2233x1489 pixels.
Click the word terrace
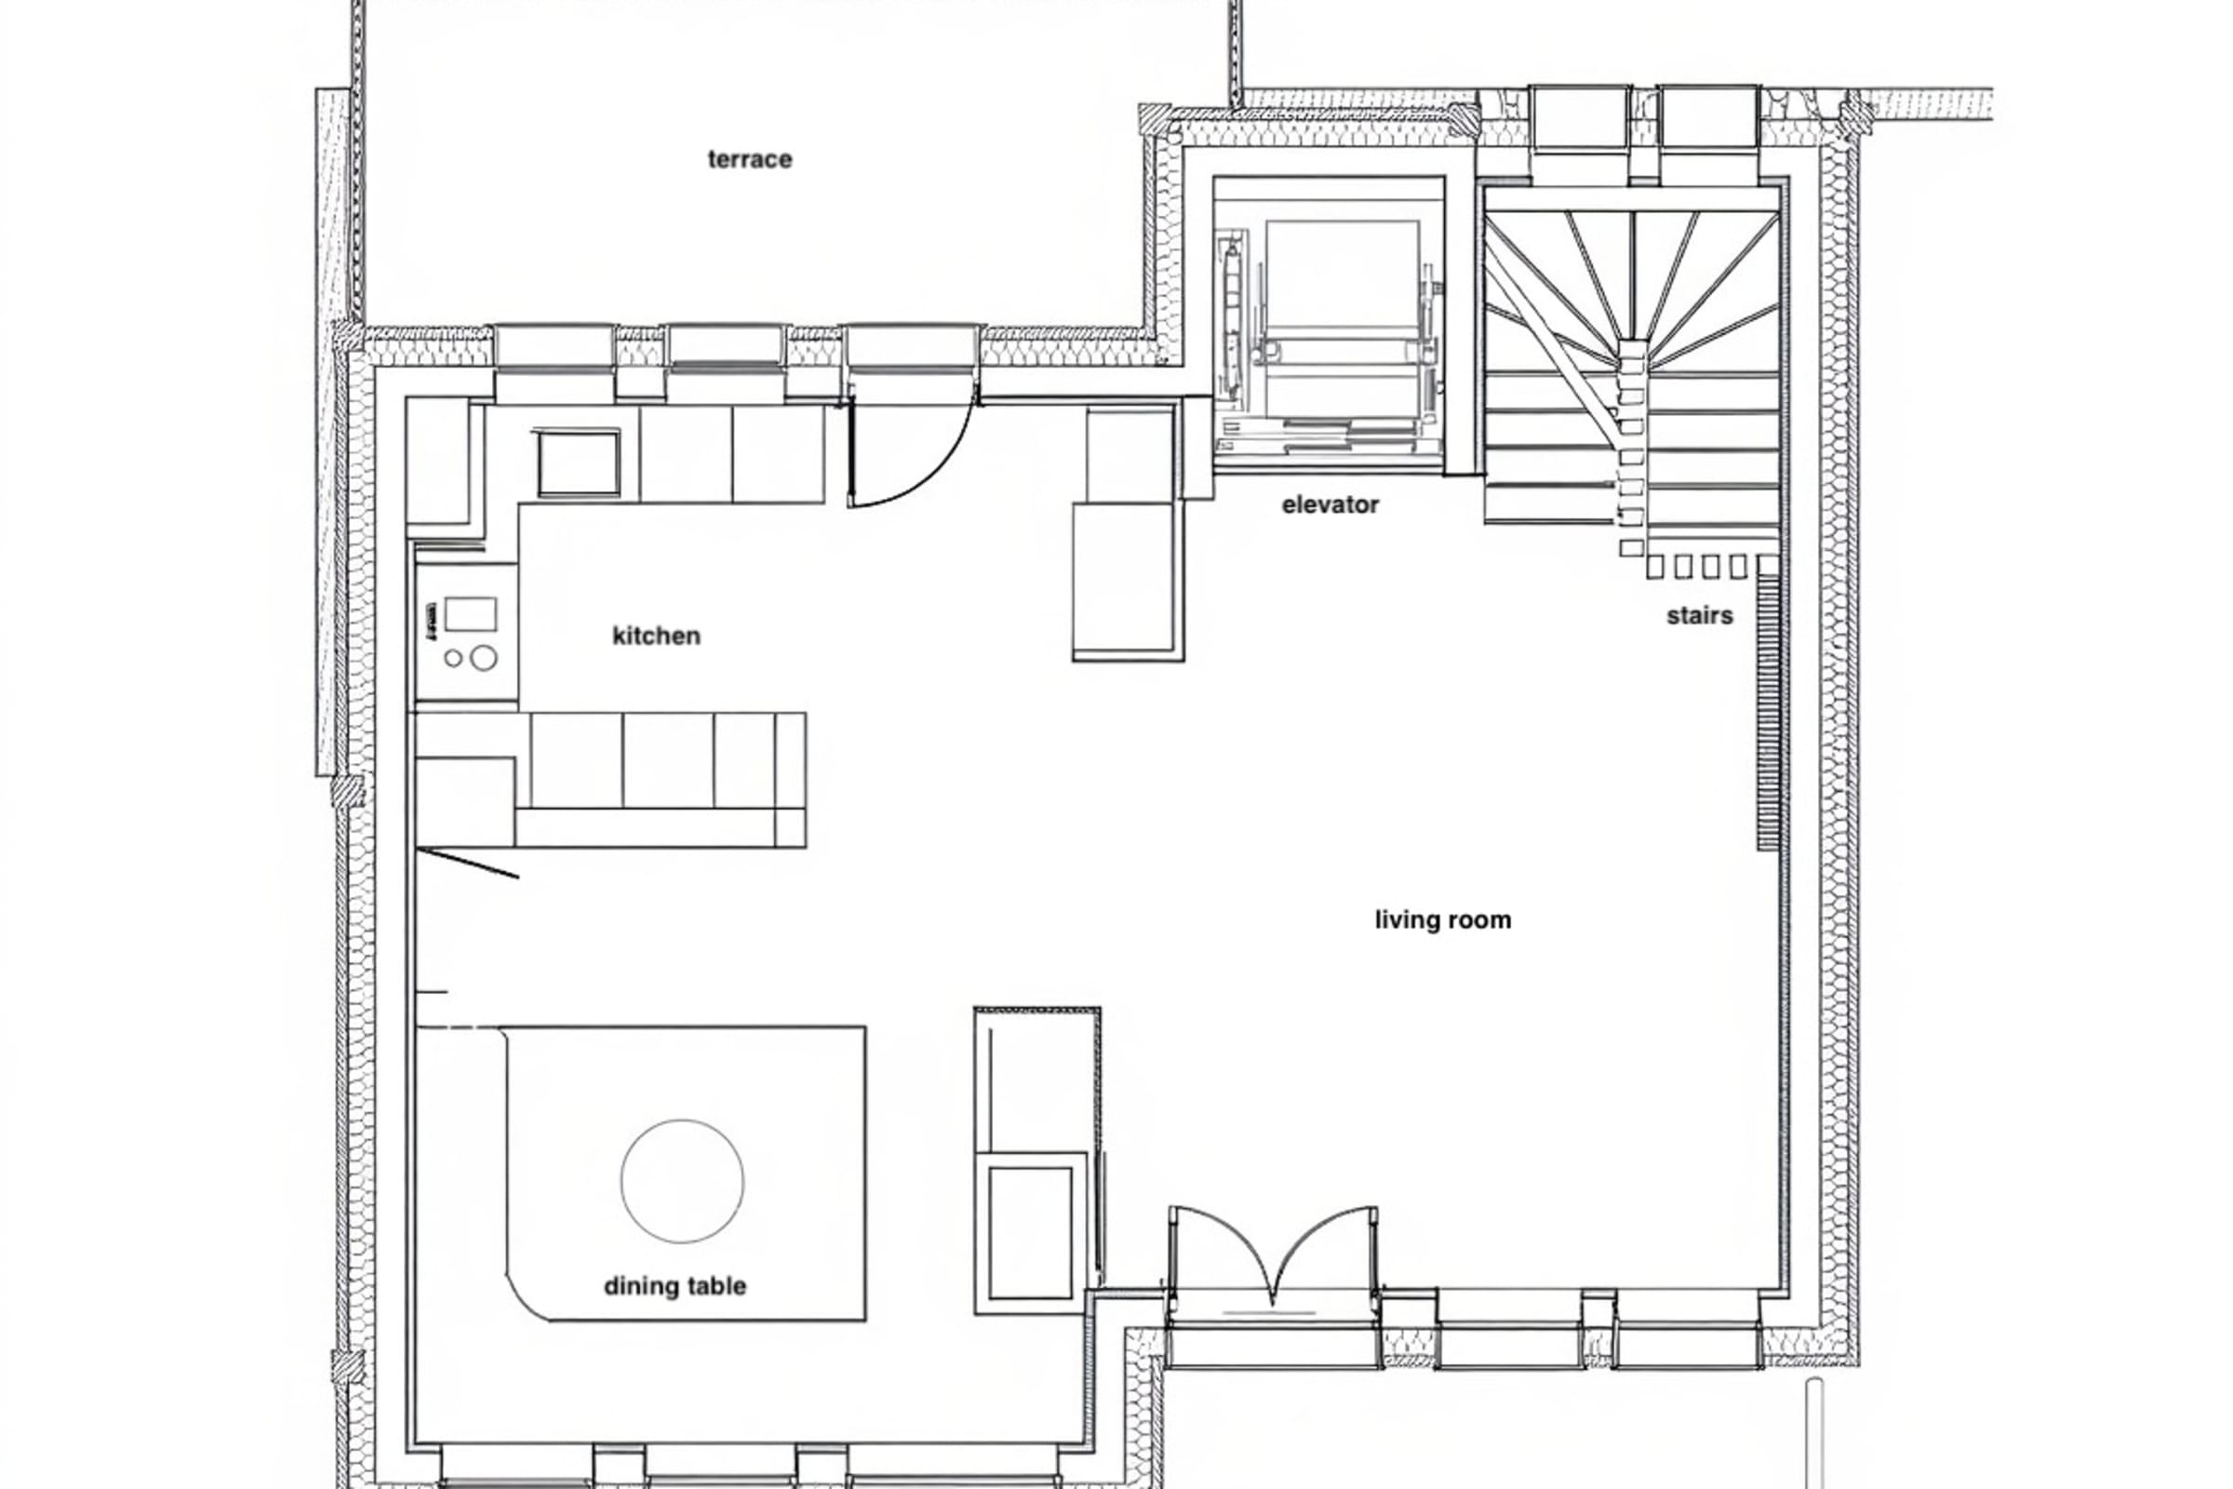point(749,159)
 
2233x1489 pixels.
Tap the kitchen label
point(656,636)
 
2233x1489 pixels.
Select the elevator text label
point(1330,505)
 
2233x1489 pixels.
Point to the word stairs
point(1700,616)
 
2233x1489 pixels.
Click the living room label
point(1443,919)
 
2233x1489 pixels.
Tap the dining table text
point(675,1286)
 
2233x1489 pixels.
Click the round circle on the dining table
point(683,1180)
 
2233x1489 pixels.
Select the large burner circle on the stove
point(484,657)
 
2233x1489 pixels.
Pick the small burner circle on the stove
point(454,657)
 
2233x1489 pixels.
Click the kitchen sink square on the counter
point(578,463)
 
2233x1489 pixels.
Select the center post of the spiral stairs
point(1631,354)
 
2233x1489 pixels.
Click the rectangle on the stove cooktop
point(470,614)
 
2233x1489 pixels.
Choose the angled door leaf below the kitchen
point(468,864)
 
